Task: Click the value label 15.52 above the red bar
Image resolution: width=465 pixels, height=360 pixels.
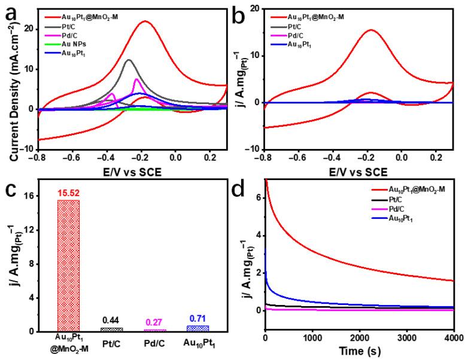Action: click(x=68, y=194)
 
